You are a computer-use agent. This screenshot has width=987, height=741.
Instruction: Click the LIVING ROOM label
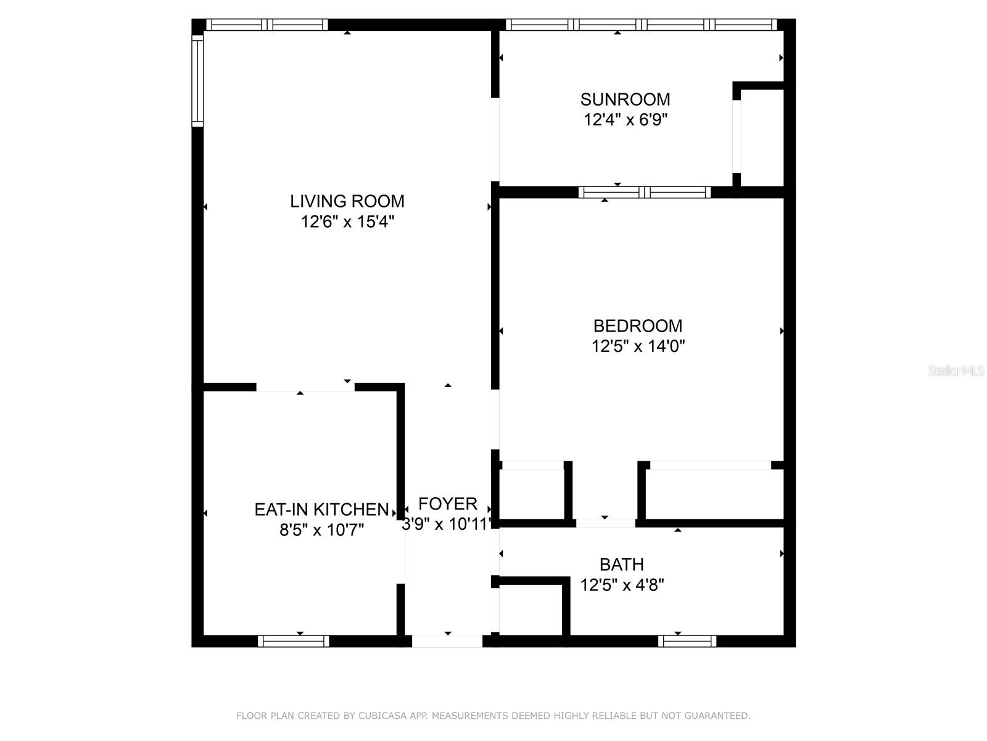pos(347,201)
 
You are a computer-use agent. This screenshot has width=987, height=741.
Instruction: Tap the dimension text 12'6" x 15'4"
pos(347,222)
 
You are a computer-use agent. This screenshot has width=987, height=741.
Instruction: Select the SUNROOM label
pos(625,99)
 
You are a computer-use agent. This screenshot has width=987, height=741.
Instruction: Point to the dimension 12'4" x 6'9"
pos(626,120)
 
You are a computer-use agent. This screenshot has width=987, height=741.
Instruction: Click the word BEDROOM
pos(638,326)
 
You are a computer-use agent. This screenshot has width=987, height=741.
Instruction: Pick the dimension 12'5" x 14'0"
pos(638,346)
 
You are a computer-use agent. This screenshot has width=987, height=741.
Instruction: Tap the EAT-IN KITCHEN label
pos(321,509)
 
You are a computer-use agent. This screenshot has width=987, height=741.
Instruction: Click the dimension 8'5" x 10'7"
pos(321,530)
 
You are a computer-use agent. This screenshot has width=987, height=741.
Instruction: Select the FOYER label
pos(448,504)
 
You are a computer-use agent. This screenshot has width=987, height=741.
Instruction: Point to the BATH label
pos(622,564)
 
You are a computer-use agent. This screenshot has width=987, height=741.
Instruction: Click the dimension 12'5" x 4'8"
pos(622,585)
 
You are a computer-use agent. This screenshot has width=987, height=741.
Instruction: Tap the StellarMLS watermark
pos(956,371)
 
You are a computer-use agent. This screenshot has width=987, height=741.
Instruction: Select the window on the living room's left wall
pos(197,80)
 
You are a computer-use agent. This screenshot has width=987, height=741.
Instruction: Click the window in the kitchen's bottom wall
pos(293,641)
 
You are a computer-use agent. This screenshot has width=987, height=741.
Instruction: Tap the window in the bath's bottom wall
pos(687,641)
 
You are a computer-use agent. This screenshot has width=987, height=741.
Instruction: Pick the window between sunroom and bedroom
pos(645,192)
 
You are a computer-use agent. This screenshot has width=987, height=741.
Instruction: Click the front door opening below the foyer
pos(447,641)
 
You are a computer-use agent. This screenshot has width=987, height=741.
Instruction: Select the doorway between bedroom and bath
pos(605,523)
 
